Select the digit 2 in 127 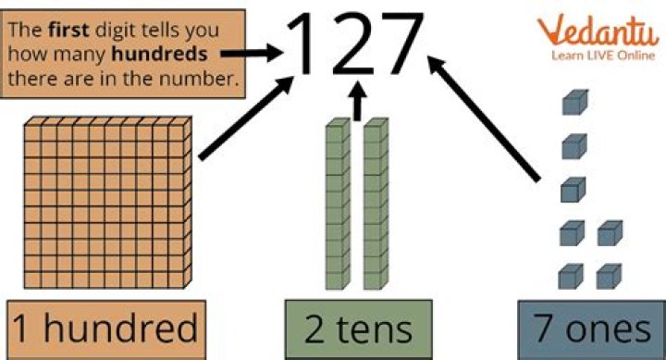[x=356, y=43]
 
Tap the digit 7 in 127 [x=408, y=43]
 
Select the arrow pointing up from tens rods [x=357, y=101]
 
